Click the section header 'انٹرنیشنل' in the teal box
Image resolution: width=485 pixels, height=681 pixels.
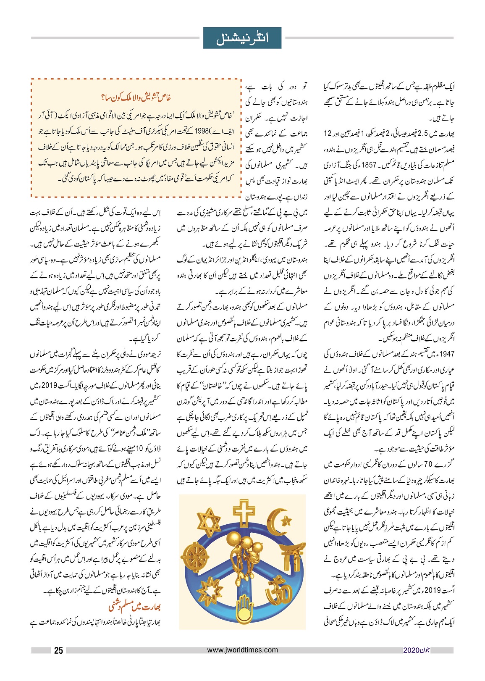tap(242, 38)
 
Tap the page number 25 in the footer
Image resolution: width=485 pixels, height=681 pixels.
tap(58, 650)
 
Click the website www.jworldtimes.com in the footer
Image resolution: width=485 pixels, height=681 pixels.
tap(242, 650)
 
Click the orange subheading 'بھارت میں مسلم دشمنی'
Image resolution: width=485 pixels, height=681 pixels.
tap(134, 607)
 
